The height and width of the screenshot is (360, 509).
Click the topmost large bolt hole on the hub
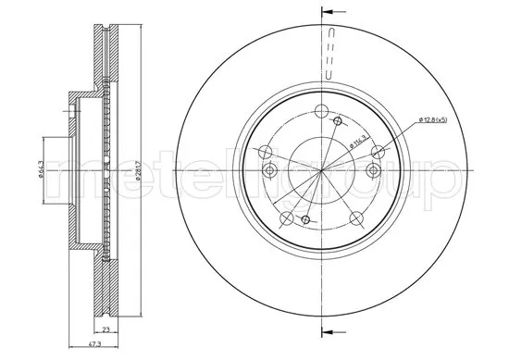(x=321, y=113)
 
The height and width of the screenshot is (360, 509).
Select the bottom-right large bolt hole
(x=358, y=218)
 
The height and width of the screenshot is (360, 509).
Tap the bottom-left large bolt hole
(x=286, y=218)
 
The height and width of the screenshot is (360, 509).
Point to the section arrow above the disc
(x=326, y=14)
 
